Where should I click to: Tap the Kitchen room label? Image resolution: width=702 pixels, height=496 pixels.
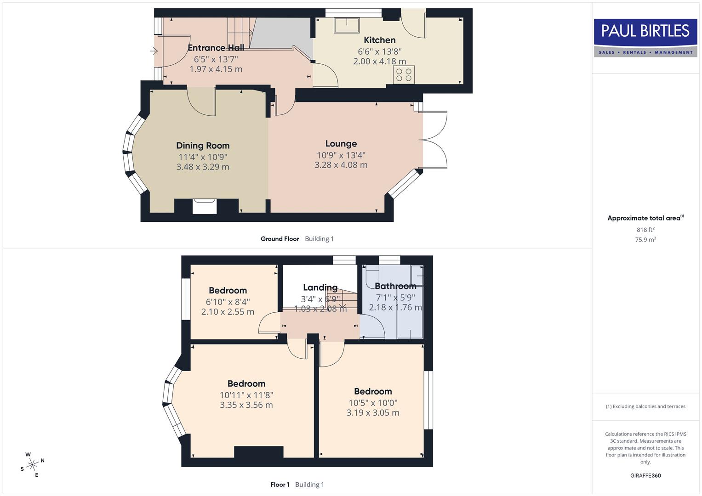click(x=379, y=40)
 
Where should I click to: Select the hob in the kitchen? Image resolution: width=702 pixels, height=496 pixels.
click(x=404, y=75)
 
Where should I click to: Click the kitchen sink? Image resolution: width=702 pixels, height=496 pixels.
click(x=347, y=25)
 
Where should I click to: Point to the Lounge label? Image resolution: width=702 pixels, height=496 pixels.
click(x=341, y=144)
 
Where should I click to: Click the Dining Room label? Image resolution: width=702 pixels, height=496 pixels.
click(x=203, y=146)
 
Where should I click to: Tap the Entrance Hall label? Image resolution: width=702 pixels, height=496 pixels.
click(x=216, y=48)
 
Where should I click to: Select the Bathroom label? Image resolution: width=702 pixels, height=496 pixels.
click(x=395, y=286)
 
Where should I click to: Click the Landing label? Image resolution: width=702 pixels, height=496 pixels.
click(x=320, y=287)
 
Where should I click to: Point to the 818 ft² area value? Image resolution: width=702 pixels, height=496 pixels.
click(x=645, y=230)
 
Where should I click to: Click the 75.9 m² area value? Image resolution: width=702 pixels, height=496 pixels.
click(x=645, y=239)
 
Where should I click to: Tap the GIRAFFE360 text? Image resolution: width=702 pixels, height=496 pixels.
click(x=645, y=475)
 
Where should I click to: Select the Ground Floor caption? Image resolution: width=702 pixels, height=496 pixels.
click(x=280, y=239)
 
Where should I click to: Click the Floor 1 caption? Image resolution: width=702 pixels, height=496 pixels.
click(x=280, y=485)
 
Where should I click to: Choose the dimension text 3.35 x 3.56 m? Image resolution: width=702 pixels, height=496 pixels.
click(x=246, y=405)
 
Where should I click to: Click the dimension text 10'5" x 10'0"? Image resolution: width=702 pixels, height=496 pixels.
click(x=373, y=403)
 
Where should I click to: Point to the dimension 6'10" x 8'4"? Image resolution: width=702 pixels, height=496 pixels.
click(x=228, y=302)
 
